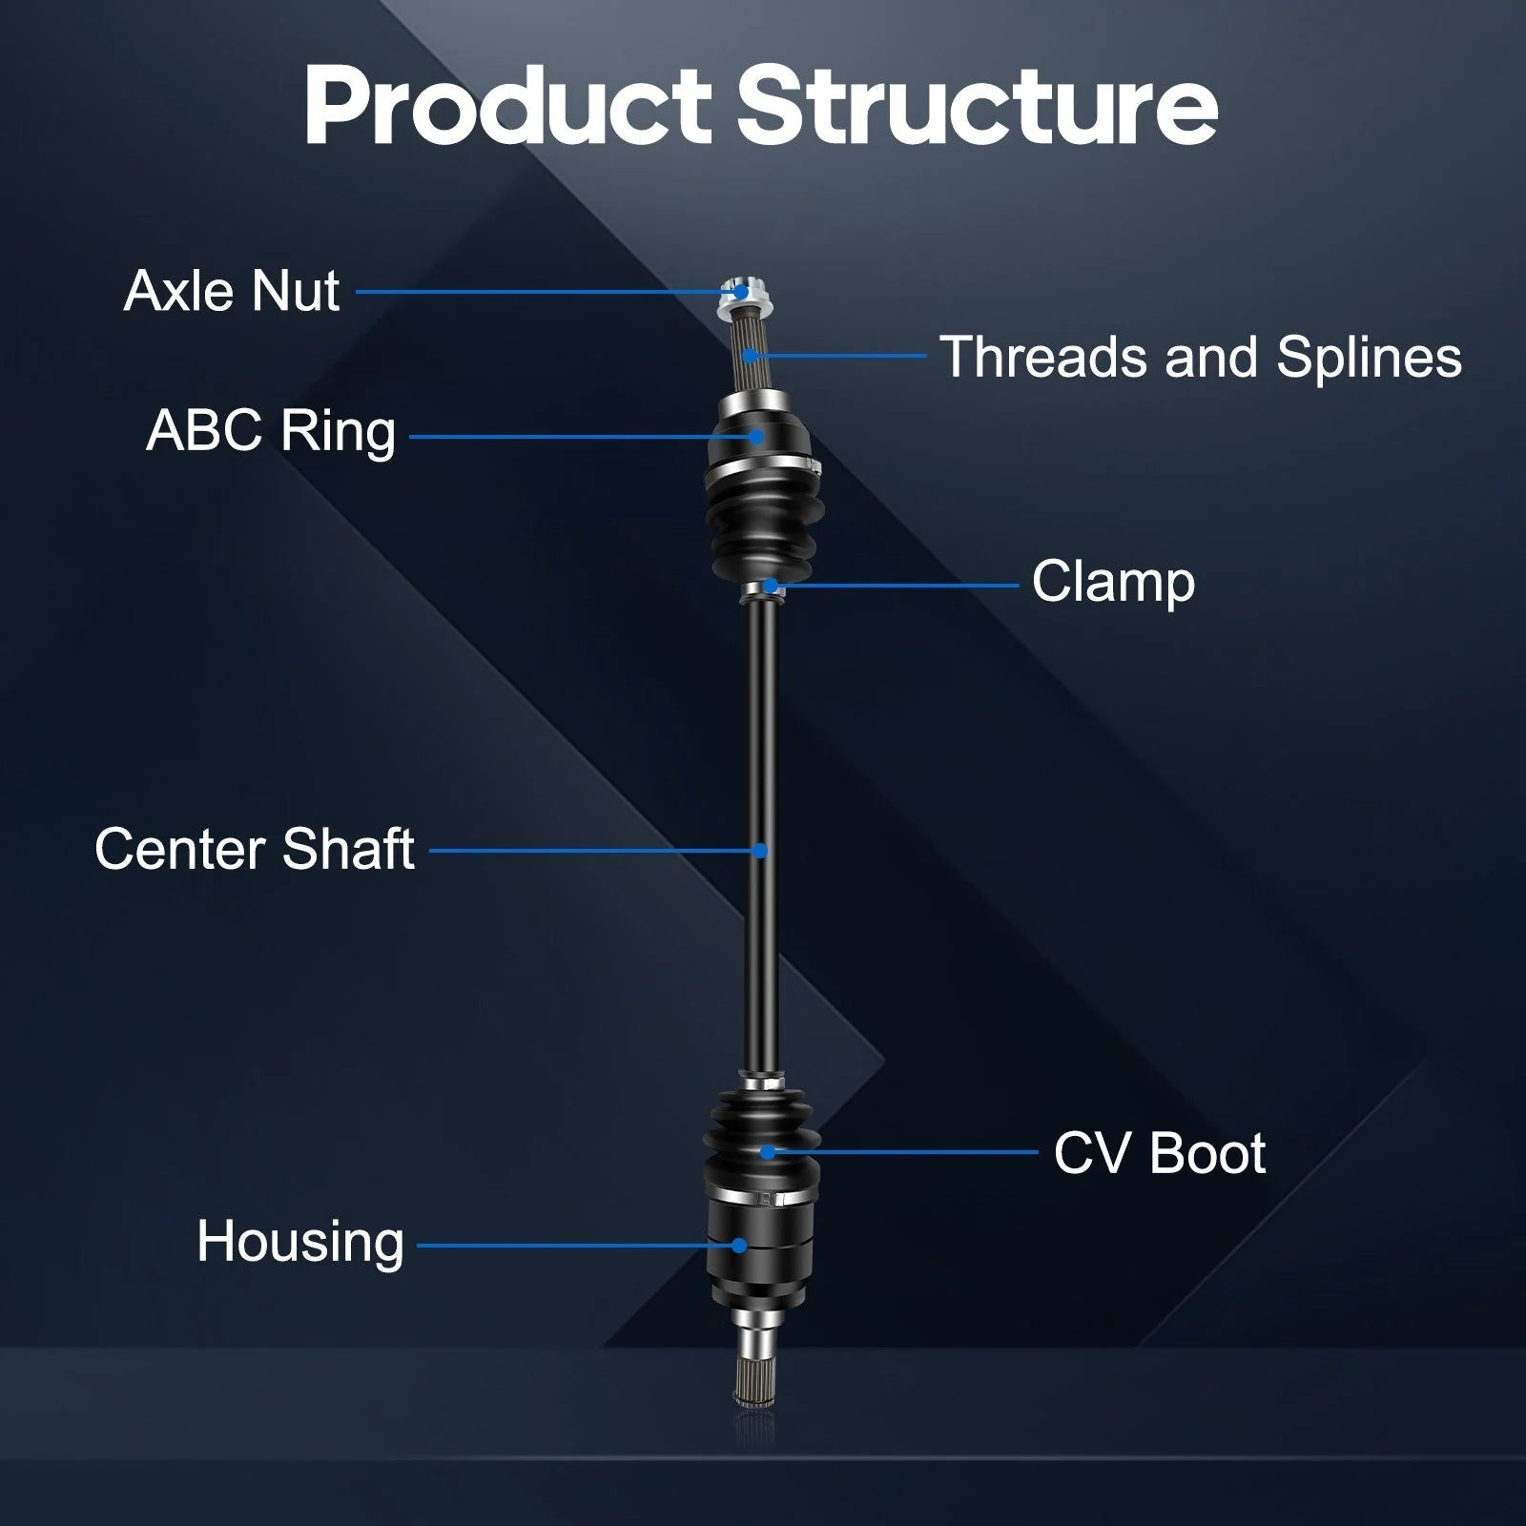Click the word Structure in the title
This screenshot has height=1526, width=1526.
[x=978, y=107]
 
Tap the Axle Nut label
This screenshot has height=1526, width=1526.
[x=232, y=291]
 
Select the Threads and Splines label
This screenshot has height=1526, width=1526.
[x=1201, y=358]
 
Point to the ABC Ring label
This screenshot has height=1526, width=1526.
[x=271, y=431]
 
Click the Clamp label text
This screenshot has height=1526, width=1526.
[x=1113, y=582]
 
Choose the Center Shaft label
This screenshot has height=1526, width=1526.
[x=255, y=849]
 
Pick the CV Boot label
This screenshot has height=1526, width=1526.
[x=1160, y=1153]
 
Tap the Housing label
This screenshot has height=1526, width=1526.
[x=300, y=1243]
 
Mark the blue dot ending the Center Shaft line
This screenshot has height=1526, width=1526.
[x=760, y=850]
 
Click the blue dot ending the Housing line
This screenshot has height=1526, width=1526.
[x=739, y=1245]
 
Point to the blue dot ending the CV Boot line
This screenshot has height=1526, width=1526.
[x=768, y=1152]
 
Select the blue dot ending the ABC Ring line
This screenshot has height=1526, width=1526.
[x=756, y=437]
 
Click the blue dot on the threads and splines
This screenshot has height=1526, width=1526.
[x=751, y=356]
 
